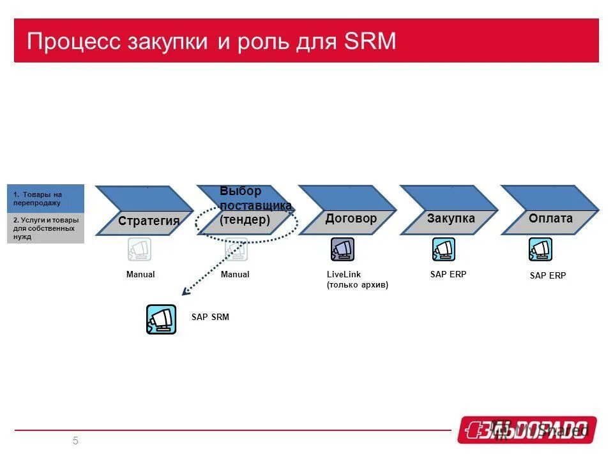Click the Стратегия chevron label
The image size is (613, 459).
[x=149, y=221]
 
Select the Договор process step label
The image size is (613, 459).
[x=351, y=219]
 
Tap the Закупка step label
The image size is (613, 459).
[x=451, y=219]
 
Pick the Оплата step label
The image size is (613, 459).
[x=550, y=219]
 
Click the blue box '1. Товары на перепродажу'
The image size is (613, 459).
[x=45, y=198]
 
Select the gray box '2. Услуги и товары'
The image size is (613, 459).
[x=45, y=228]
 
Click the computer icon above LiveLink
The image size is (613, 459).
[x=342, y=249]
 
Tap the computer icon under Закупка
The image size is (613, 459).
[x=443, y=249]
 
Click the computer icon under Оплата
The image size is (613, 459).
[x=540, y=249]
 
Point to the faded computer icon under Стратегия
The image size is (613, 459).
[x=139, y=249]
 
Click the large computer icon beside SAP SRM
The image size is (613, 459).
[x=161, y=319]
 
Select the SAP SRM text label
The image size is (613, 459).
[x=210, y=317]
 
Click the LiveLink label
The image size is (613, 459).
[x=344, y=275]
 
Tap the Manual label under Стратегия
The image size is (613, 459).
[x=140, y=275]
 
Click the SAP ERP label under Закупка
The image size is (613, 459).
[x=448, y=275]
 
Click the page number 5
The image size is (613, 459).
[x=75, y=441]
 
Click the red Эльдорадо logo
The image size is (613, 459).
[x=527, y=430]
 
